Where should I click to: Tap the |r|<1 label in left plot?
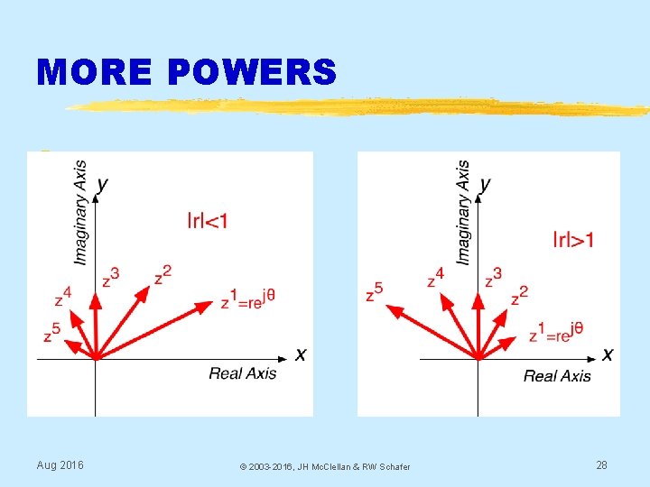(208, 219)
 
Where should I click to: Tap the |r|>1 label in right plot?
(574, 239)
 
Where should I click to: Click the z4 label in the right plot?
(435, 278)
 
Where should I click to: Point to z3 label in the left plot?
(110, 277)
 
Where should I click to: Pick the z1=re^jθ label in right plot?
(556, 333)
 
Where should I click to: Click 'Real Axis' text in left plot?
(243, 373)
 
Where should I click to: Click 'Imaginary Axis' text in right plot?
(463, 213)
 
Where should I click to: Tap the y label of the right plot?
(486, 184)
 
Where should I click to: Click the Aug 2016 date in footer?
(60, 465)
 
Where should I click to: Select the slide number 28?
(601, 465)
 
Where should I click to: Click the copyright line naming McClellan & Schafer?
(324, 466)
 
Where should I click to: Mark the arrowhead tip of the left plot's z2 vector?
(149, 289)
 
